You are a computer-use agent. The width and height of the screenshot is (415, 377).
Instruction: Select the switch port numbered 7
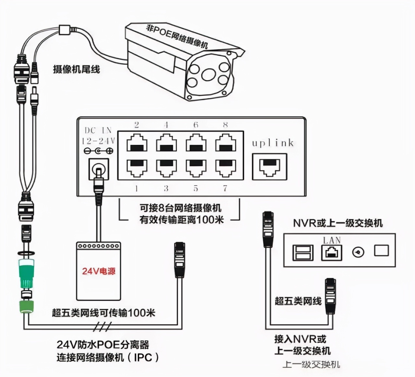point(226,168)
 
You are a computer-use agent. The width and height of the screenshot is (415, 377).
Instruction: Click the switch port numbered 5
point(196,168)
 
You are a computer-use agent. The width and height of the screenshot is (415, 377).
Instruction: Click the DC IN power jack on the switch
point(99,169)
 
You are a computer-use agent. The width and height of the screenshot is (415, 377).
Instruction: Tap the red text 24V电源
point(99,271)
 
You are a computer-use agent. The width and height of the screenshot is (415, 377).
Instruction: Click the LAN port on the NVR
point(331,253)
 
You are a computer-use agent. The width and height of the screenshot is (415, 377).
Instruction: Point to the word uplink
point(273,143)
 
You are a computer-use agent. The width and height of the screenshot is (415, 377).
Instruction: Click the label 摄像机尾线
point(76,69)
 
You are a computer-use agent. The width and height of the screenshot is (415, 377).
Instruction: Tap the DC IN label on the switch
point(98,131)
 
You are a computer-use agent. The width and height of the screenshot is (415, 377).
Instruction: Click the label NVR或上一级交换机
point(338,223)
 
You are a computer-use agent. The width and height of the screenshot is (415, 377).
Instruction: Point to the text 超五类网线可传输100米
point(103,313)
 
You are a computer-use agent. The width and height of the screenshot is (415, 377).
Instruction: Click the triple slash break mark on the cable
point(102,326)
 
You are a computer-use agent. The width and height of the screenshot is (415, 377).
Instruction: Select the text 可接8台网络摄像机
point(180,208)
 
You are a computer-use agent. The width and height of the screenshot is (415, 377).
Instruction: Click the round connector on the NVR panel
point(358,252)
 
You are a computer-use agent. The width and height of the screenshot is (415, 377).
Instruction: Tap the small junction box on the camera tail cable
point(65,30)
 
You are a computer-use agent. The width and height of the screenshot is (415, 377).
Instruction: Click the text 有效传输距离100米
point(182,220)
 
